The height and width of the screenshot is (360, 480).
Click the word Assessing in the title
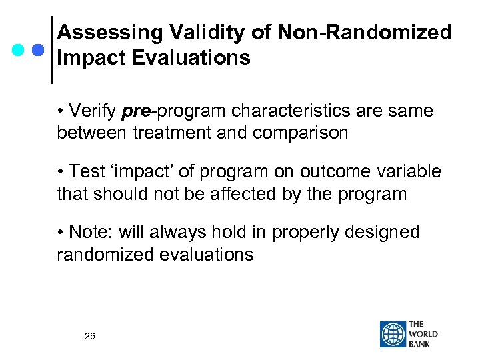click(106, 32)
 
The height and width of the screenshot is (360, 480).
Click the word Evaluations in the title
click(188, 58)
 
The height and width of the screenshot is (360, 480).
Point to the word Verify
click(93, 110)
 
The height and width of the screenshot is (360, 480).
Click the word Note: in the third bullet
click(92, 232)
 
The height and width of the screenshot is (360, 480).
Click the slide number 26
click(89, 336)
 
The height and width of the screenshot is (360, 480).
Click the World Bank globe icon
click(393, 335)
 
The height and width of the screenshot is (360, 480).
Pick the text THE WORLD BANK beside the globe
click(424, 335)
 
